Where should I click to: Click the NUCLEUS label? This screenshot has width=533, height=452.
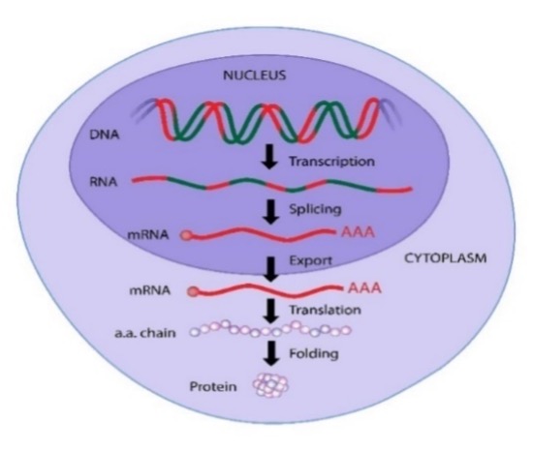point(254,75)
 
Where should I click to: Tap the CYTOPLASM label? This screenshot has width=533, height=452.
point(446,258)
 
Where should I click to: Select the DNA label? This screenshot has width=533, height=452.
point(105,135)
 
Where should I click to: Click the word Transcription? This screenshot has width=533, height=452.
point(331,162)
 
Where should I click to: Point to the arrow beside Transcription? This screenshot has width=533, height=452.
point(269,157)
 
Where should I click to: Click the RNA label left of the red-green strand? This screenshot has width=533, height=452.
point(104,182)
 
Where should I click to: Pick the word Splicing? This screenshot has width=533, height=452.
point(315,209)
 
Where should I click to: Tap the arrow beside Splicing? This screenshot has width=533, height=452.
point(271,212)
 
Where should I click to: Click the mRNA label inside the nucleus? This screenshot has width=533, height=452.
point(148,234)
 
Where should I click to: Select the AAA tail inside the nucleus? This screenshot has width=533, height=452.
point(358,232)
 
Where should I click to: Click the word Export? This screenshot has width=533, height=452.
point(310,260)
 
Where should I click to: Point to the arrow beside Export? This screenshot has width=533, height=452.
point(271,269)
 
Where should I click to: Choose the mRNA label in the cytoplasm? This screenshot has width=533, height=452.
point(150,290)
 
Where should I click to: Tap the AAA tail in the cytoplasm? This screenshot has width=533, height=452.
point(364,288)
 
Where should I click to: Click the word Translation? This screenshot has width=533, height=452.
point(325,310)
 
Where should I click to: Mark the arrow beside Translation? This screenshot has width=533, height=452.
point(271,311)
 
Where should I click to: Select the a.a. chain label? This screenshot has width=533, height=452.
point(145,333)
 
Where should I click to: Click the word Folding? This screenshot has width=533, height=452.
point(314,354)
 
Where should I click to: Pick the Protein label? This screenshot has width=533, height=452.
point(213,386)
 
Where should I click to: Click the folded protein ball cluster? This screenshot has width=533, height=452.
point(270,385)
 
